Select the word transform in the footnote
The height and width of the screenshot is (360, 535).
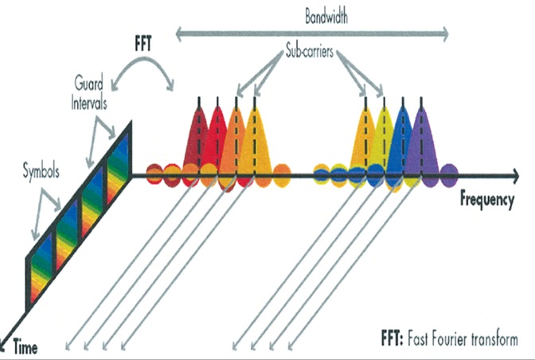tap(495, 338)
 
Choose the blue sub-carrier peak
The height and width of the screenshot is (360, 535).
tap(403, 139)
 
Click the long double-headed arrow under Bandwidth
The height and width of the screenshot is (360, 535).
tap(310, 34)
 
